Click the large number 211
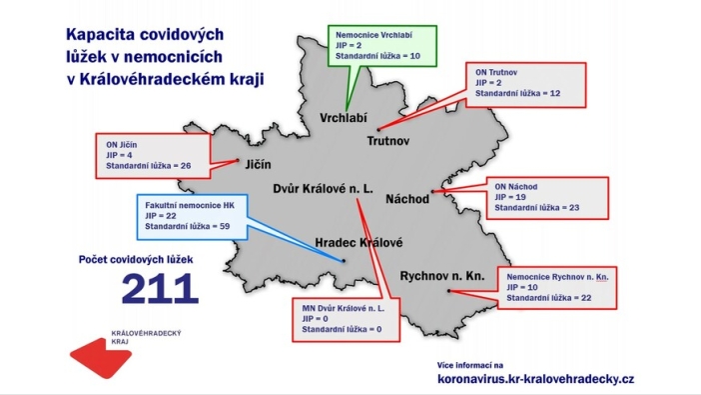coord(160,288)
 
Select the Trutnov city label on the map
coord(393,142)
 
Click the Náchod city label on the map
coord(406,200)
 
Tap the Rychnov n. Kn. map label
coord(442,275)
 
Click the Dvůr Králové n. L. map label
coord(323,187)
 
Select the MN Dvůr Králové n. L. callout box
coord(344,316)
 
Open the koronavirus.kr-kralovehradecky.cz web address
coord(535,379)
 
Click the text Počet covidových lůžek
coord(143,259)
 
